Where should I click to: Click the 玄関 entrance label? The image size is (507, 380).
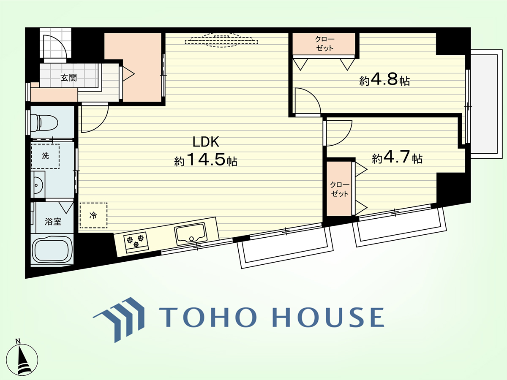[x=68, y=78]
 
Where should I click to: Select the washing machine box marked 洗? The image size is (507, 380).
[x=45, y=156]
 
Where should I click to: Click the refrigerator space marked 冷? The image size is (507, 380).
[x=93, y=215]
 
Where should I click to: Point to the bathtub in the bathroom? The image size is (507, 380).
[x=52, y=250]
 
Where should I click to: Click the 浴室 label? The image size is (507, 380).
[x=53, y=222]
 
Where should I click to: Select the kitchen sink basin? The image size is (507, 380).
[x=191, y=234]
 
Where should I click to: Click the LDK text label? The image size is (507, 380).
[x=206, y=142]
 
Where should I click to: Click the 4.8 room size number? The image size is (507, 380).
[x=384, y=79]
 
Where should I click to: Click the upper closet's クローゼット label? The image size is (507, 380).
[x=324, y=44]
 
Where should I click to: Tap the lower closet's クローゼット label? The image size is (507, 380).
[x=340, y=189]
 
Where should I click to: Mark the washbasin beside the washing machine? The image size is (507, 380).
[x=38, y=185]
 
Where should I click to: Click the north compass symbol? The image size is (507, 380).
[x=22, y=359]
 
